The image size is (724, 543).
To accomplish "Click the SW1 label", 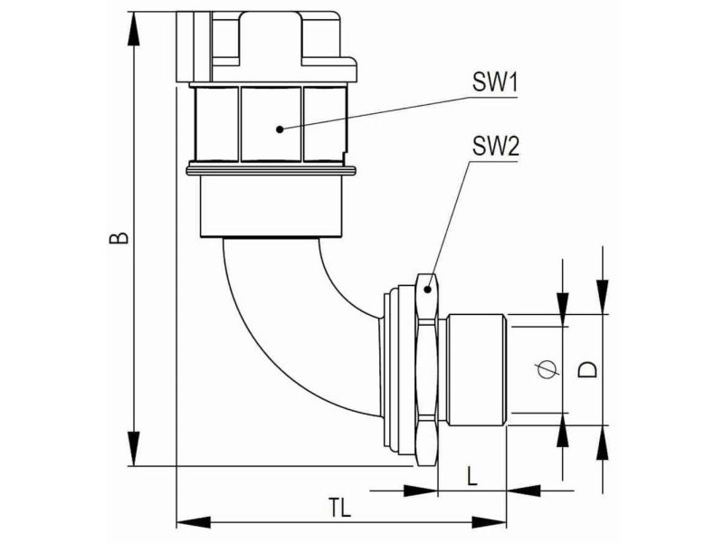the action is click(494, 83).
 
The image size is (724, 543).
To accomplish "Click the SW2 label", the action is click(495, 148).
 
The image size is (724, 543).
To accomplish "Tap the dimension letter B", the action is click(119, 238).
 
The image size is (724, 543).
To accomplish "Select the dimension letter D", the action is click(588, 369).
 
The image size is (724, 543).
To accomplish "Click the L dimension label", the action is click(472, 476).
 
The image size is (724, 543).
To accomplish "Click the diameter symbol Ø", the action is click(547, 368).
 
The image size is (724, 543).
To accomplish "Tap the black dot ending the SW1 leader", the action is click(280, 129).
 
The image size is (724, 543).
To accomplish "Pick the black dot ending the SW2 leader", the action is click(428, 290).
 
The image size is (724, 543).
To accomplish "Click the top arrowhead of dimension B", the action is click(133, 29).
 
